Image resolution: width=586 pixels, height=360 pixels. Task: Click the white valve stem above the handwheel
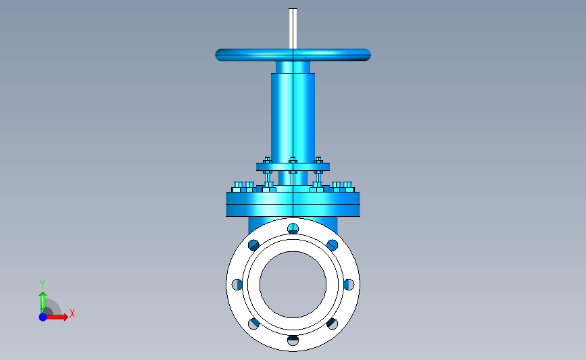pos(293,28)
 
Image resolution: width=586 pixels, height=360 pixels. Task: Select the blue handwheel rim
pos(293,55)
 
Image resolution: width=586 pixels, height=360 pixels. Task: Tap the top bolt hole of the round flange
pos(293,228)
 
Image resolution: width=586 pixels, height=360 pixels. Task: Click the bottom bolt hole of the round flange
pos(293,340)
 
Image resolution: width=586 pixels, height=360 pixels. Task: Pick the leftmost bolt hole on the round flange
pos(237,284)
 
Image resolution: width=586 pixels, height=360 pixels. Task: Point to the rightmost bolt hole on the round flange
pos(349,284)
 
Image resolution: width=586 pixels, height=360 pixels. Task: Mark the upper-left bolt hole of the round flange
pos(253,245)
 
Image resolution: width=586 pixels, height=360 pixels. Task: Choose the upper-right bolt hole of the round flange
pos(333,245)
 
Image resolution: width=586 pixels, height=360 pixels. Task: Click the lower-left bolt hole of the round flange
pos(253,324)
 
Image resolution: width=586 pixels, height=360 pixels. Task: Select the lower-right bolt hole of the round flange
pos(333,324)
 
